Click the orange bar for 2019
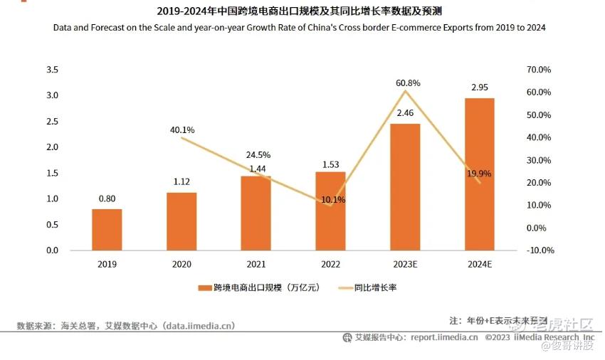(x=107, y=229)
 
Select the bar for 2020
(x=181, y=221)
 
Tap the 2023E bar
(x=405, y=186)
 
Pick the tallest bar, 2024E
(x=480, y=174)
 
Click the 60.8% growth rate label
(x=408, y=83)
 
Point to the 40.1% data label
(x=182, y=130)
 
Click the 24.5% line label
(x=257, y=154)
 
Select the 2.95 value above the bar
(x=480, y=87)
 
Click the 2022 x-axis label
(x=331, y=264)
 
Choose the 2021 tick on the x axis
(x=256, y=264)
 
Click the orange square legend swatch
(x=201, y=288)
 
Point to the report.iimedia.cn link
(x=443, y=337)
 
